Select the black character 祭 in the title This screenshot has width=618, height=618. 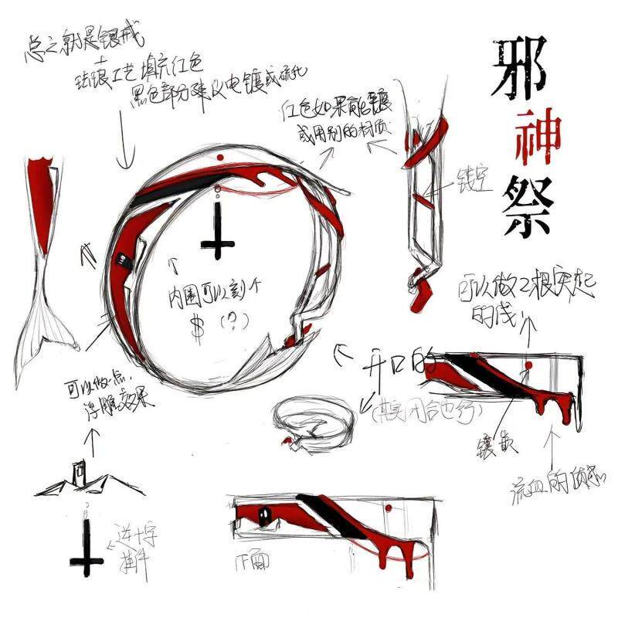point(525,205)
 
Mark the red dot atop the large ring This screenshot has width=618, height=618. point(220,158)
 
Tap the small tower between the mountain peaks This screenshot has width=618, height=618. point(80,472)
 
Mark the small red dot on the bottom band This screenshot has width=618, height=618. point(389,508)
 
